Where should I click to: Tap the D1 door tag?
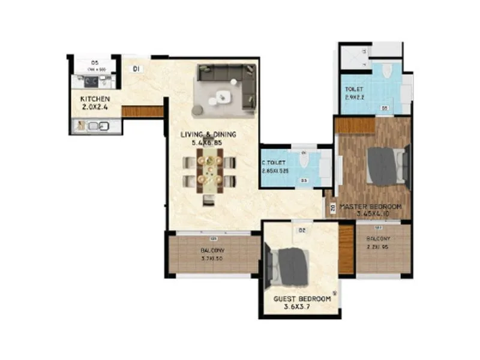137,69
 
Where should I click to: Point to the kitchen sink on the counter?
95,126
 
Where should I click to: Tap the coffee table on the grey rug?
223,95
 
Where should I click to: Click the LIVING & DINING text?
208,134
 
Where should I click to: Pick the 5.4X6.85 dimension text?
208,143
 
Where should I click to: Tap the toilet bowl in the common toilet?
304,159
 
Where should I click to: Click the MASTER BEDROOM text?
370,207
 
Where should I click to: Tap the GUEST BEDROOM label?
302,299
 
